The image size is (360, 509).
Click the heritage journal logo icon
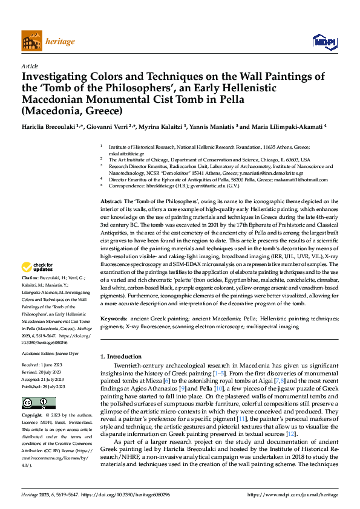(31, 41)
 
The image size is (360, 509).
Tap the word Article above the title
(30, 66)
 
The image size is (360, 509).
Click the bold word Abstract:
(112, 199)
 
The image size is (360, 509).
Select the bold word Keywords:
(114, 318)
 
